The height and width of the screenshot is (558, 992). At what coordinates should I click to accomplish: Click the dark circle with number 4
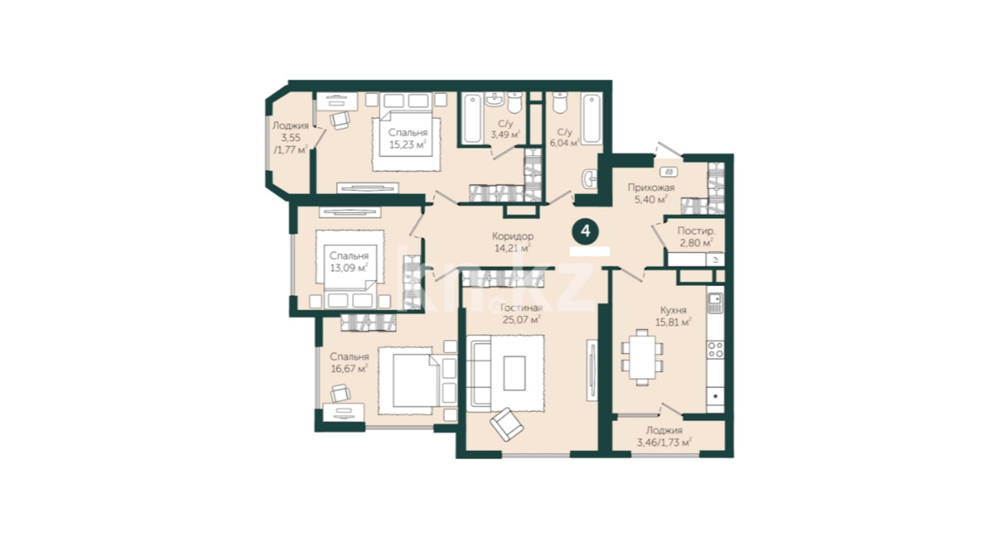click(585, 231)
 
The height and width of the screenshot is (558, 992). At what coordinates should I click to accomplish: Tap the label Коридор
click(513, 236)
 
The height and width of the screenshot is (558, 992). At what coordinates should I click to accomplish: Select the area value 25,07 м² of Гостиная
click(521, 319)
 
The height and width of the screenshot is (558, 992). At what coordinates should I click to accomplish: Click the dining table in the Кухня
click(642, 357)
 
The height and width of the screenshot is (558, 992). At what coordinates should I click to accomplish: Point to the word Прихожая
click(651, 188)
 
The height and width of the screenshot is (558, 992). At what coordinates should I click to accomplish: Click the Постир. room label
click(696, 231)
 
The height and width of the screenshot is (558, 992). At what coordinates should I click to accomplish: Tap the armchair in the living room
click(507, 424)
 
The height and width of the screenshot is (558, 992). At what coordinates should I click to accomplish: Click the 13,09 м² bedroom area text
click(349, 267)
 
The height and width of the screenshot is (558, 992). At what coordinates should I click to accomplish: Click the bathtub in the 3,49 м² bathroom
click(472, 118)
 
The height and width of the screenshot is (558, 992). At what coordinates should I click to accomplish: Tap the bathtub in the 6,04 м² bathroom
click(591, 118)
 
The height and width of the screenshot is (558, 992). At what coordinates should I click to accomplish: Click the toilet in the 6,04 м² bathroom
click(560, 102)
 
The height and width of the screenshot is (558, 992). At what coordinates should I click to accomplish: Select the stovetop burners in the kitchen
click(715, 349)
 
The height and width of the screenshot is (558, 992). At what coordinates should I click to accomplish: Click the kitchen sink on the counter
click(715, 303)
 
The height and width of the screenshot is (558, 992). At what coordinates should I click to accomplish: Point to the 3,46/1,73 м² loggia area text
click(664, 443)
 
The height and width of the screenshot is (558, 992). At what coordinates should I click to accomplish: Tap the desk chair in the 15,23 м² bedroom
click(340, 120)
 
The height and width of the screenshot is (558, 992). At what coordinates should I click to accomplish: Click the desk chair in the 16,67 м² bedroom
click(340, 393)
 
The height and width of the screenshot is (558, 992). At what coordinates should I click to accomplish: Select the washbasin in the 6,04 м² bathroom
click(590, 179)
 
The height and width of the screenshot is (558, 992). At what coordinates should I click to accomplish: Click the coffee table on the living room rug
click(515, 373)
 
